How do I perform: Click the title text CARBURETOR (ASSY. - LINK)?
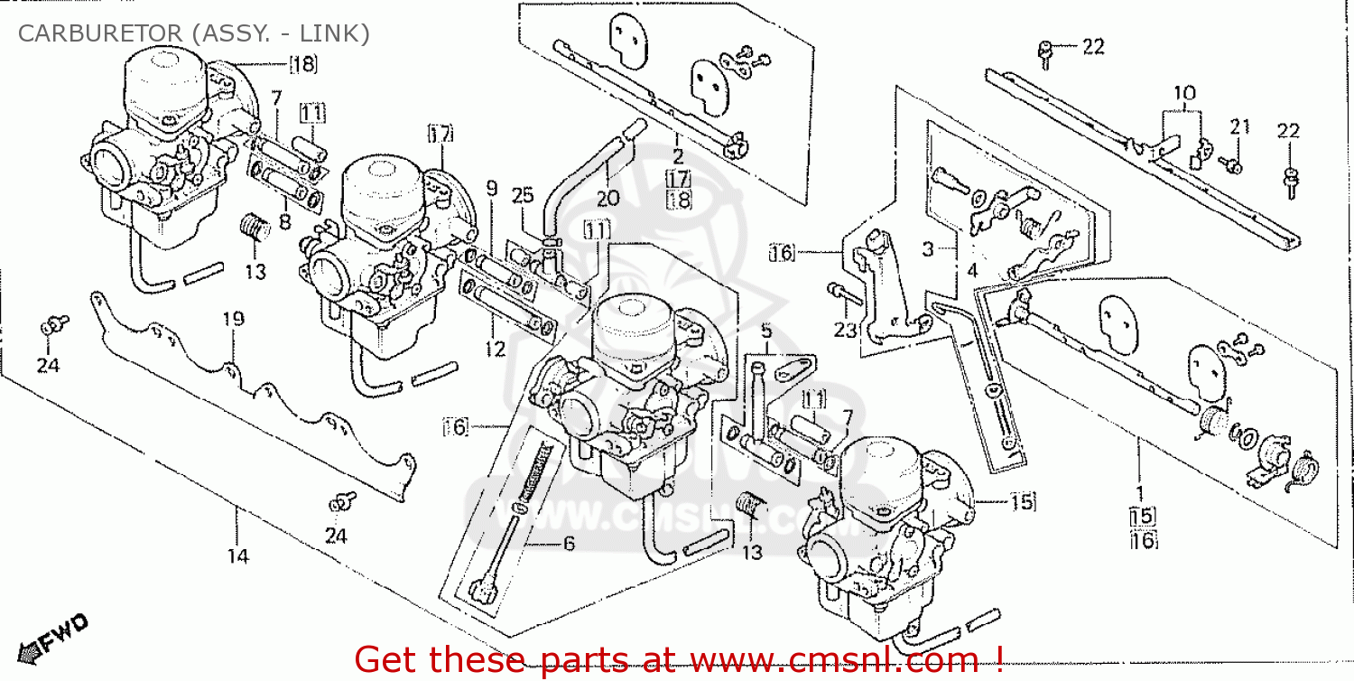(194, 33)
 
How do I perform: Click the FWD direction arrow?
(56, 634)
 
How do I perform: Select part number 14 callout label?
(236, 556)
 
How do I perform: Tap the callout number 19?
(234, 319)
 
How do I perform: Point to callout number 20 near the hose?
(607, 199)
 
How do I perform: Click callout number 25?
(523, 194)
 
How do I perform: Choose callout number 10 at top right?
(1184, 93)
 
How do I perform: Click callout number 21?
(1240, 127)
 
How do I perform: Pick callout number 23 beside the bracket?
(844, 331)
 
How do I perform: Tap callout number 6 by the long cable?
(569, 543)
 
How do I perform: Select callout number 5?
(766, 331)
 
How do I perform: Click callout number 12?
(496, 350)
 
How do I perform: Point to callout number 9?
(491, 188)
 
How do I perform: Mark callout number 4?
(971, 270)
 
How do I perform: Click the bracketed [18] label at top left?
(304, 63)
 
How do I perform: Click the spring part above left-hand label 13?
(255, 227)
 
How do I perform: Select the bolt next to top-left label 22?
(1045, 53)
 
